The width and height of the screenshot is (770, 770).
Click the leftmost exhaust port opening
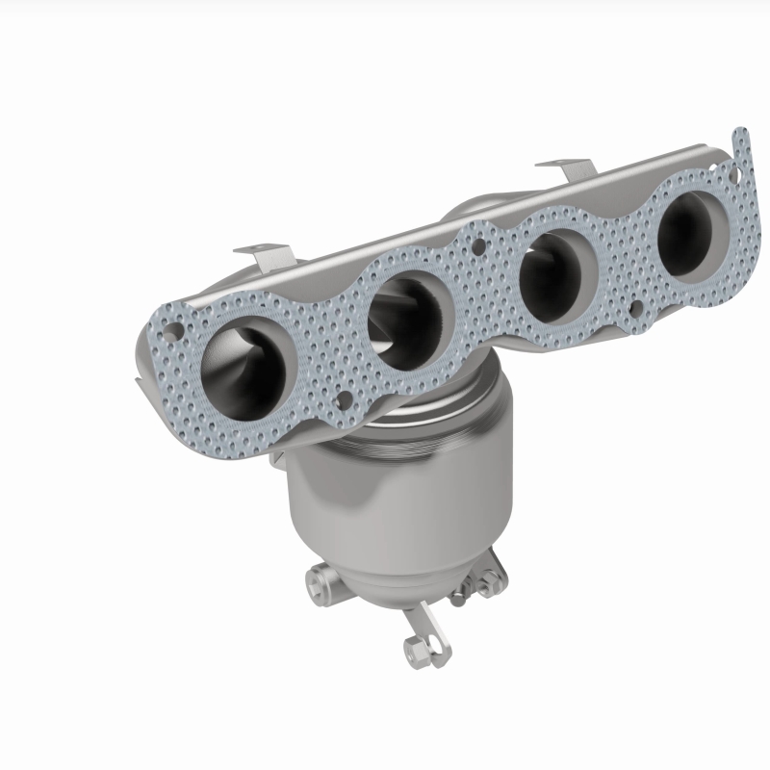point(244,360)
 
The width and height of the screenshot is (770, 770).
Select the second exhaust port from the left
point(408,319)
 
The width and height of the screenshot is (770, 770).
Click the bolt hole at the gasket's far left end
point(170,330)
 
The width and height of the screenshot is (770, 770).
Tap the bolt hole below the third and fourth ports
point(635,309)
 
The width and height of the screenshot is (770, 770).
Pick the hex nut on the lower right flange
point(488,578)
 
